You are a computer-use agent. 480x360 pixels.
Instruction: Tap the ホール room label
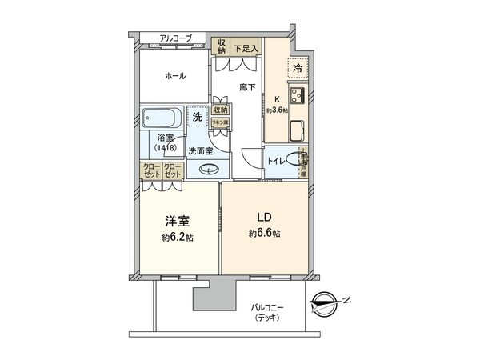tap(176, 77)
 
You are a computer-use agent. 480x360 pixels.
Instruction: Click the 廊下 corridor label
tap(247, 87)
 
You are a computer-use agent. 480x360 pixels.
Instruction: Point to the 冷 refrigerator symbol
tap(297, 70)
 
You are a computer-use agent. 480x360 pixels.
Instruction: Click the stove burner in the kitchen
tap(296, 96)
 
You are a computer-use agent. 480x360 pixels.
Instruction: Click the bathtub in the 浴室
tap(163, 118)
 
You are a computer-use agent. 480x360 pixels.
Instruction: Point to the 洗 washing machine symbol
tap(198, 118)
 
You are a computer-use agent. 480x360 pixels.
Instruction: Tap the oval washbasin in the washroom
tap(210, 169)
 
